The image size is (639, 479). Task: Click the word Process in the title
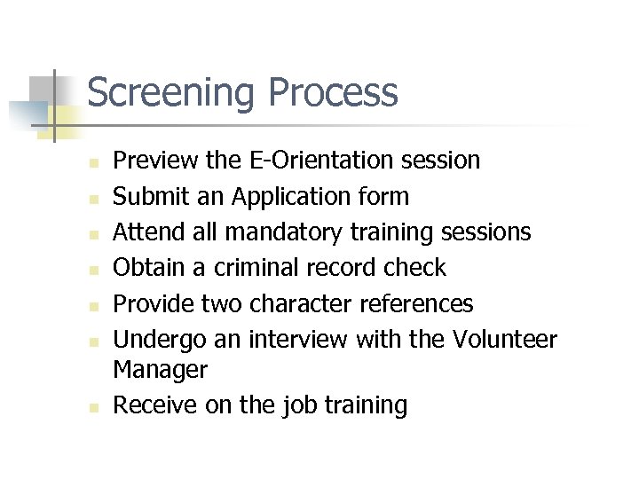coord(332,92)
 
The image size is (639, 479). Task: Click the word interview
coord(299,339)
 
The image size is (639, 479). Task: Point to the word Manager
coord(160,369)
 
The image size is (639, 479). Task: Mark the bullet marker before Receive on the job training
coord(91,407)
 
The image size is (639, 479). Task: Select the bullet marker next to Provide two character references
coord(91,305)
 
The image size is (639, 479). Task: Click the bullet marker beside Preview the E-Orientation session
coord(91,162)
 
